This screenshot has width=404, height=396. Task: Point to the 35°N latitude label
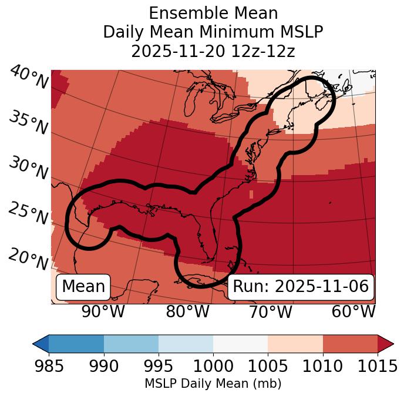tap(28, 123)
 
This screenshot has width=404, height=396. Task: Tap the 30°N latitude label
tap(28, 169)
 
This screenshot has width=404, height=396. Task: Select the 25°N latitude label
tap(28, 214)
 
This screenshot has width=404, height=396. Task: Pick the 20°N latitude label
tap(28, 259)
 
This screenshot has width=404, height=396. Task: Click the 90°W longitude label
tap(103, 312)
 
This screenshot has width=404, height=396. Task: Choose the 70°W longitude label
tap(270, 312)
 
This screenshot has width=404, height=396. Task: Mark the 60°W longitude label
tap(353, 312)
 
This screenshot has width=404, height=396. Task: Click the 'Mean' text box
tap(83, 287)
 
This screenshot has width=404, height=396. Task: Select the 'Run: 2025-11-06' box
tap(301, 287)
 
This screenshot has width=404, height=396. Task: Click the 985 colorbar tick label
tap(49, 367)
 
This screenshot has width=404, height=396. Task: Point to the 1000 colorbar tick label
tap(213, 367)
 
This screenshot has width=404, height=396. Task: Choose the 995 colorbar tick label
tap(159, 367)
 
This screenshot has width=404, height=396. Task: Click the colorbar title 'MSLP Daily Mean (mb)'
tap(213, 384)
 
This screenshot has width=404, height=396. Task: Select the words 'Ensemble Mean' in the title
tap(213, 13)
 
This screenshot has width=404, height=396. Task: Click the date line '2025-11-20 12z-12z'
tap(213, 51)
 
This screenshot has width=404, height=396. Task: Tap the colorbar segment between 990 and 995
tap(131, 343)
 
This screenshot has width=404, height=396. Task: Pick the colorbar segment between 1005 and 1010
tap(295, 343)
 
